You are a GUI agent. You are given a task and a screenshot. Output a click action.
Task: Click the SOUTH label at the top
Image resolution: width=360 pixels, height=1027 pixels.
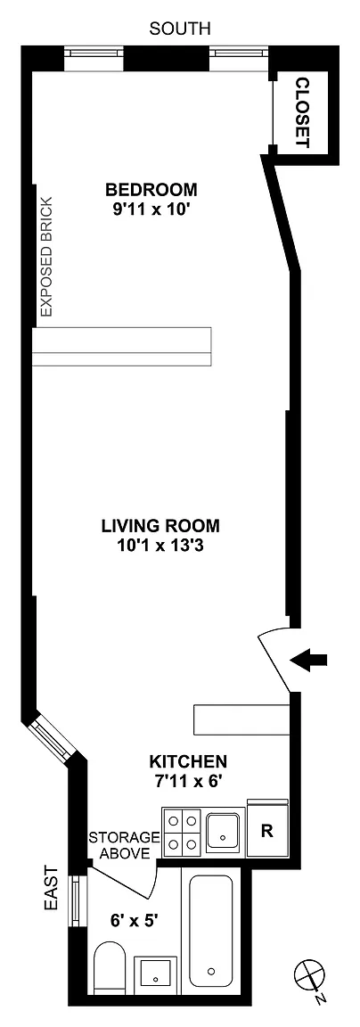(x=180, y=29)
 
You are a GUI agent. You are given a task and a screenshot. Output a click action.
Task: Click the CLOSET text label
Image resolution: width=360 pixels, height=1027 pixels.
(x=302, y=111)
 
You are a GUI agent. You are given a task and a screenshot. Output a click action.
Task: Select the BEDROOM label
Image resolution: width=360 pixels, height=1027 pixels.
(x=151, y=190)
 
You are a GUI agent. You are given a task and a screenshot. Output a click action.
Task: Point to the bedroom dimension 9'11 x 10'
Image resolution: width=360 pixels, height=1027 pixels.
(x=151, y=210)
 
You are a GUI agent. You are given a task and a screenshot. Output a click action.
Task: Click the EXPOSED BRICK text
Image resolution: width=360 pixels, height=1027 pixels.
(x=46, y=266)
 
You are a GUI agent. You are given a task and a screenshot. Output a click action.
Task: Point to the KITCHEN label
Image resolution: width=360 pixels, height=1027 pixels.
(x=189, y=761)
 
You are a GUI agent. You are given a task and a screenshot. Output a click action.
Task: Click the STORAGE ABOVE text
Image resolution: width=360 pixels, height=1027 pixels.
(x=125, y=845)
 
